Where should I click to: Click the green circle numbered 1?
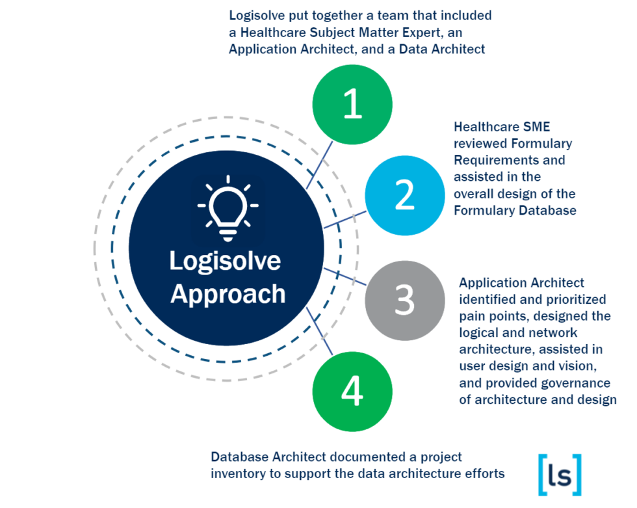[x=352, y=104]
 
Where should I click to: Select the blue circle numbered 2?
[x=404, y=195]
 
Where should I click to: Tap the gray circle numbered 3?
[x=404, y=300]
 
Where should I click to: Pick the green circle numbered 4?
[x=352, y=392]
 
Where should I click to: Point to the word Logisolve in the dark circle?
[x=225, y=261]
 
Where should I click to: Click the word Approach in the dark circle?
[x=227, y=293]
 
